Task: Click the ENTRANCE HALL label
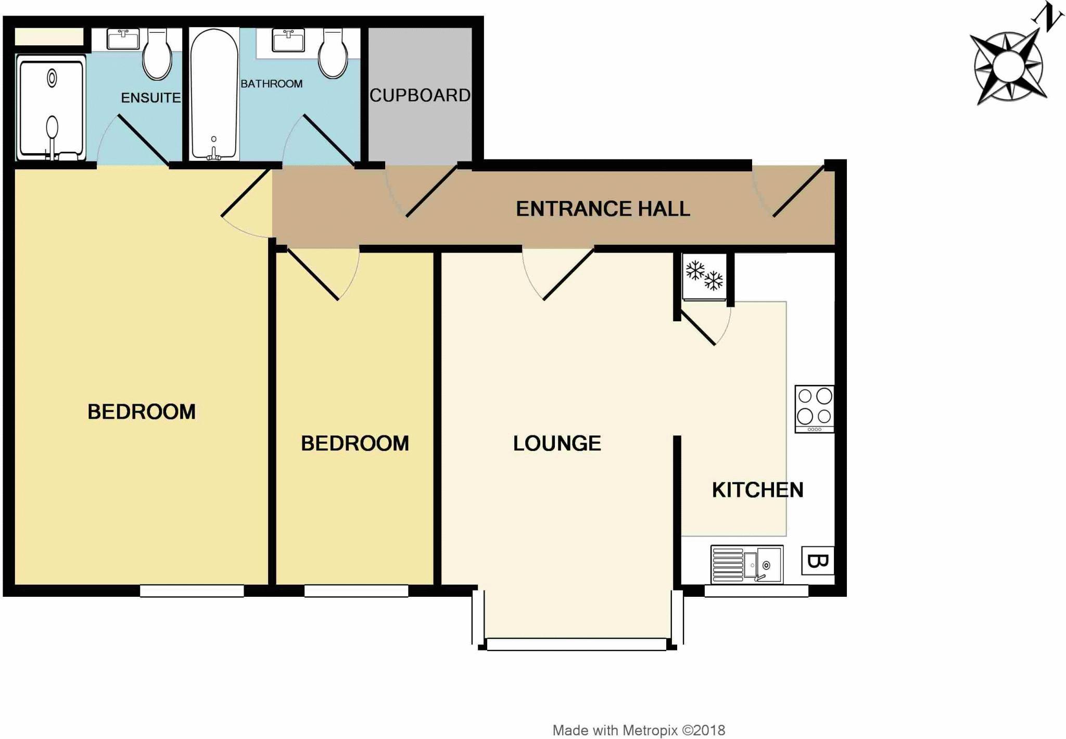tap(603, 209)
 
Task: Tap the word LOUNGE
tap(557, 443)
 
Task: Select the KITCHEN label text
tap(757, 490)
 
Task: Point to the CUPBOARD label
tap(420, 95)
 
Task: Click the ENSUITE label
tap(150, 97)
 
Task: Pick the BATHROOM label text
tap(271, 84)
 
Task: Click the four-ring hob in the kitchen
tap(815, 408)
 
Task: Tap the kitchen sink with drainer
tap(747, 564)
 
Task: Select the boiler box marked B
tap(818, 561)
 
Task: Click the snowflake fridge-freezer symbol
tap(704, 277)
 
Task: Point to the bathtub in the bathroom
tap(214, 94)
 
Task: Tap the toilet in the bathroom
tap(333, 54)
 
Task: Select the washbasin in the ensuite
tap(123, 39)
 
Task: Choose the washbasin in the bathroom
tap(288, 40)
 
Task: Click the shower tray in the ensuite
tap(51, 108)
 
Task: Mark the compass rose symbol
tap(1008, 67)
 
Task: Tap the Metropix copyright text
tap(639, 730)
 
